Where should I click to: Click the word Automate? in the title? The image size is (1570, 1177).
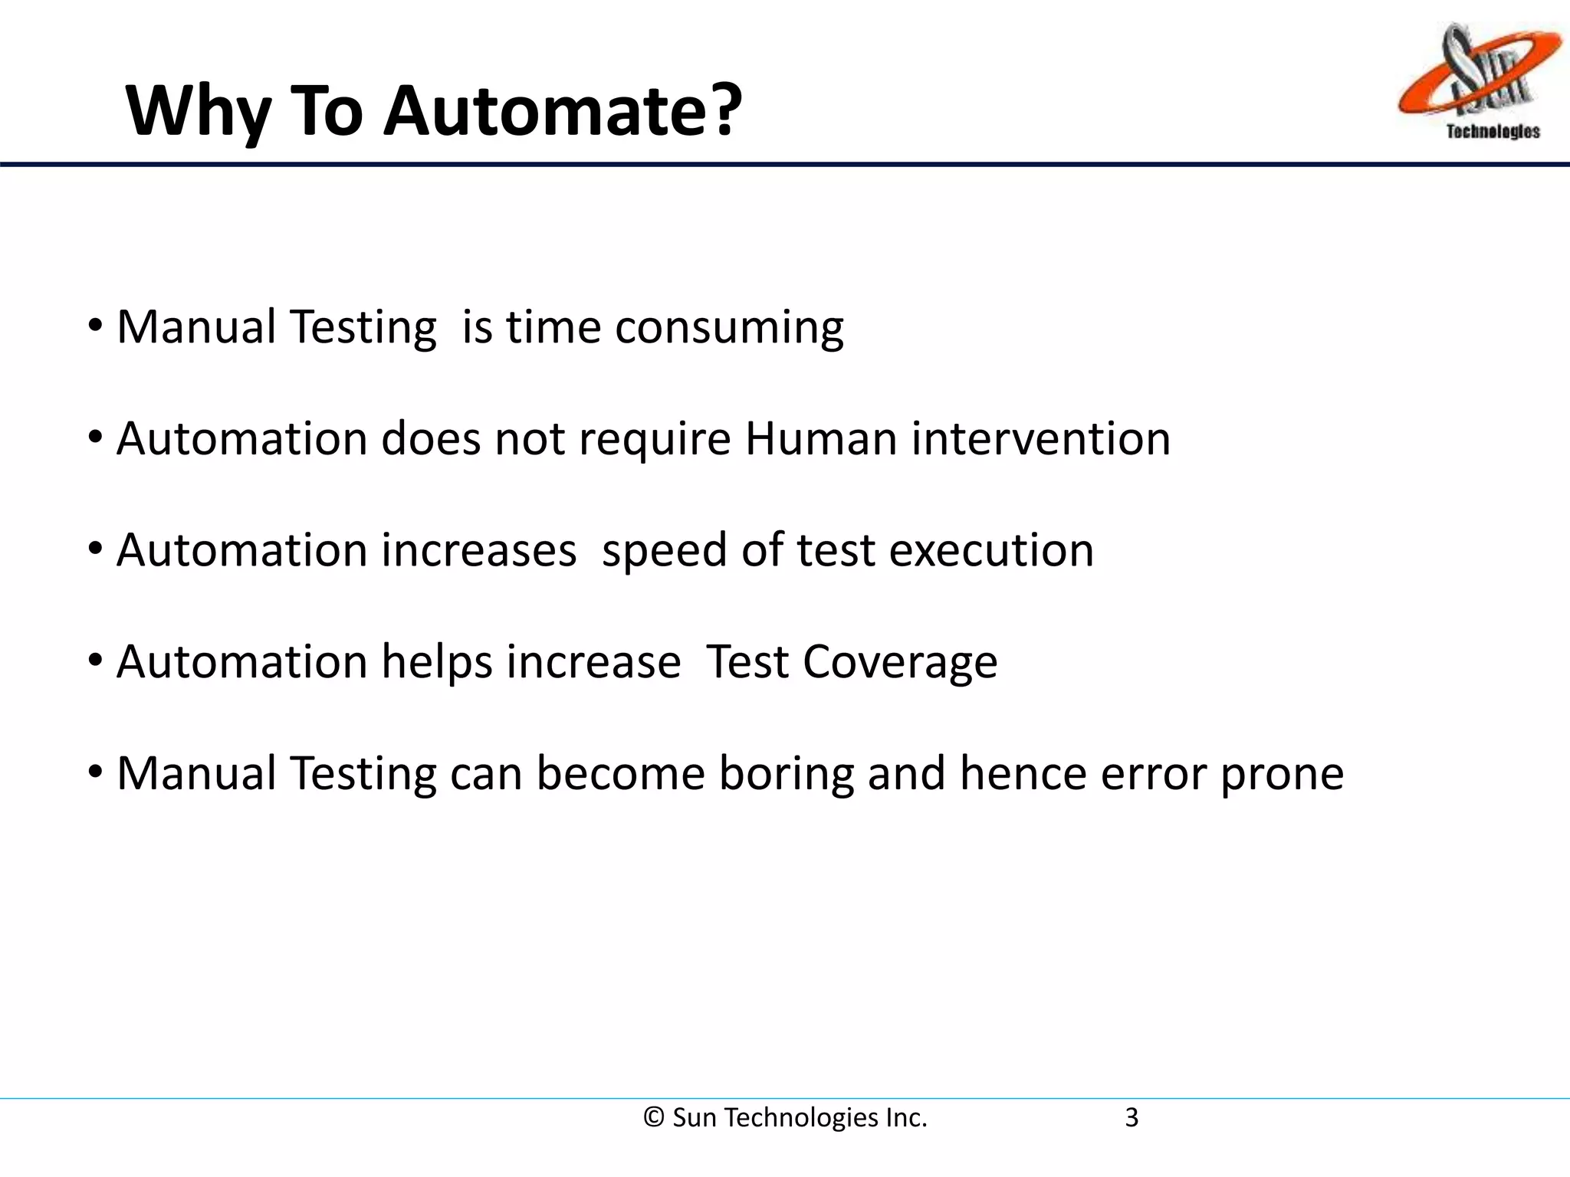pyautogui.click(x=563, y=112)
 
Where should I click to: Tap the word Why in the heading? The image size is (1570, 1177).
pyautogui.click(x=198, y=112)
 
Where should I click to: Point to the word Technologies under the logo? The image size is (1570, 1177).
pyautogui.click(x=1493, y=132)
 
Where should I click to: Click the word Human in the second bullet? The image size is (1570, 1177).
pyautogui.click(x=820, y=439)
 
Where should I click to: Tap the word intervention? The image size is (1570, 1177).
pyautogui.click(x=1040, y=439)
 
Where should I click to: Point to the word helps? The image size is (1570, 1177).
pyautogui.click(x=436, y=662)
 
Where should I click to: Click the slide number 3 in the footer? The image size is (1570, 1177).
pyautogui.click(x=1132, y=1118)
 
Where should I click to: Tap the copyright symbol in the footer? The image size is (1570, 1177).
pyautogui.click(x=654, y=1118)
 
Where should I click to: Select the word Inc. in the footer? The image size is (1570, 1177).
pyautogui.click(x=906, y=1118)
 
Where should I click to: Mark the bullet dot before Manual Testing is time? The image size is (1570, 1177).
pyautogui.click(x=95, y=326)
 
